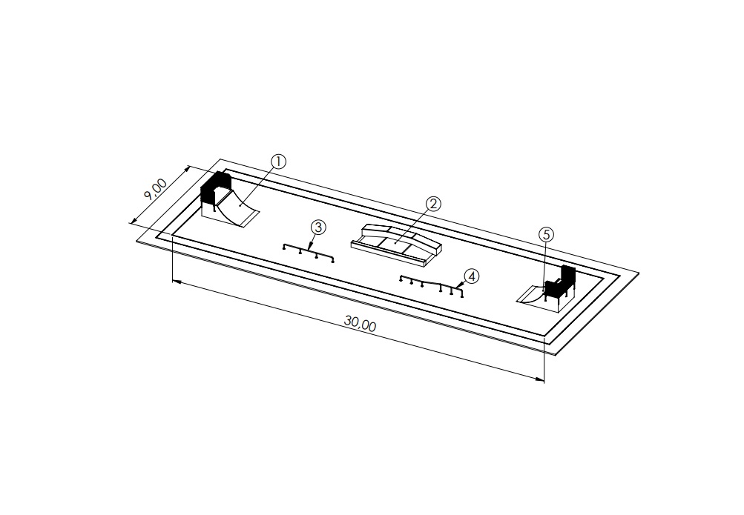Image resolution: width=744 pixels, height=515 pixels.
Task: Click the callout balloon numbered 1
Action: tap(278, 162)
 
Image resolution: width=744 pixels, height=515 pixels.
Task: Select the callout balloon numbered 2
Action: tap(434, 205)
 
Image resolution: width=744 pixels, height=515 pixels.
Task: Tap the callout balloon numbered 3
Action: tap(318, 227)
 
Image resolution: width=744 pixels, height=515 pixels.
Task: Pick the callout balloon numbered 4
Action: tap(472, 276)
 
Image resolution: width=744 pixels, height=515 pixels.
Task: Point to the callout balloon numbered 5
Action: tap(546, 234)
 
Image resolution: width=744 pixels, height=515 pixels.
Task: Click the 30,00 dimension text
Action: tap(361, 324)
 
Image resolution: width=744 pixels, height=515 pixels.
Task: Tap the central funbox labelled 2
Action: tap(396, 243)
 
